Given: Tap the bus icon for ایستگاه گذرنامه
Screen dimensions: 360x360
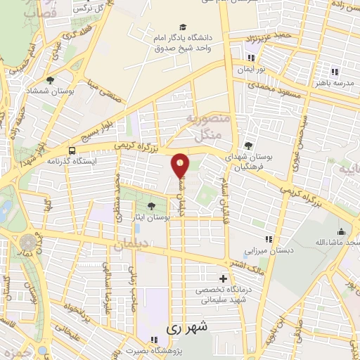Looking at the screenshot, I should tap(72, 150).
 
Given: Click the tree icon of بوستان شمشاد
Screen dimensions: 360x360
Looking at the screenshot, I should tap(50, 80).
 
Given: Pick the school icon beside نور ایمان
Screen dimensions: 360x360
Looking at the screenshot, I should tap(250, 58).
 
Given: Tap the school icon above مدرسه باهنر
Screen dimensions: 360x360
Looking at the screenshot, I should tap(335, 72).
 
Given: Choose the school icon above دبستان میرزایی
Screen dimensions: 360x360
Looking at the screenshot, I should tap(268, 240).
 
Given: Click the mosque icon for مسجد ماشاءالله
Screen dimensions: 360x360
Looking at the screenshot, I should tap(342, 232).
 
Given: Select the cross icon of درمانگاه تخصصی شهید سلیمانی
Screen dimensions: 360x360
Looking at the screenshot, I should tap(224, 278).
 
